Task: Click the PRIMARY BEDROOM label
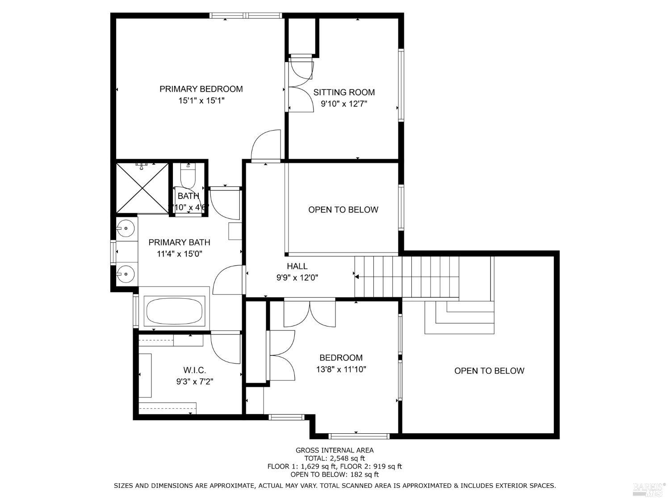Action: point(201,89)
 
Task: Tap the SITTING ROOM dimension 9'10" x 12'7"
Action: point(343,104)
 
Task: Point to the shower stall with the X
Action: point(142,188)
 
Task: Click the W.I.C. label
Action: point(194,370)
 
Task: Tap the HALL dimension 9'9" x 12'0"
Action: point(297,278)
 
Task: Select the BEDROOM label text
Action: point(341,358)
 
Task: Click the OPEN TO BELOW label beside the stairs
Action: point(489,371)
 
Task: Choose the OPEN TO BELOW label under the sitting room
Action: point(343,210)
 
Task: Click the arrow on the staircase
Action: point(357,277)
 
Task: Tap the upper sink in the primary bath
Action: point(126,228)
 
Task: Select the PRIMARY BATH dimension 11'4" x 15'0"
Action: point(180,254)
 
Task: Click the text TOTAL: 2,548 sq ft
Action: point(335,458)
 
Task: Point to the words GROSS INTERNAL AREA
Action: point(335,450)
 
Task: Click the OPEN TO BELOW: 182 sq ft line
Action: point(335,474)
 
